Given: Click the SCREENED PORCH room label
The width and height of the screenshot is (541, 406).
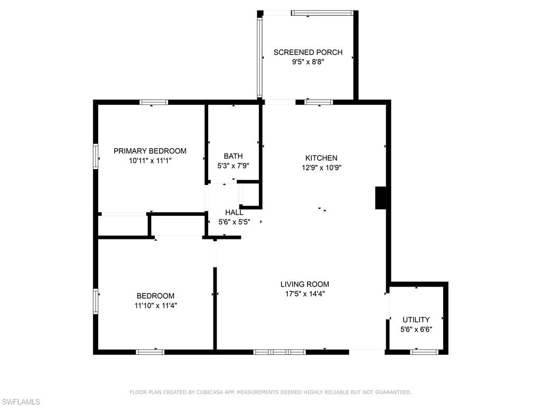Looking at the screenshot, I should (x=307, y=52).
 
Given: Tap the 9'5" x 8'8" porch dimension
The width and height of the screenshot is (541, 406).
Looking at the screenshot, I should (x=307, y=62).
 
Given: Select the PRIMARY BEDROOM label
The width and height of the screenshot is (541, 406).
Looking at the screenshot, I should (x=150, y=151).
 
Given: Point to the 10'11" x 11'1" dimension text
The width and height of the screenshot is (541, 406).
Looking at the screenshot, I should (x=150, y=160).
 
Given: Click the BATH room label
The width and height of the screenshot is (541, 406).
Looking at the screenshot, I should (x=233, y=156).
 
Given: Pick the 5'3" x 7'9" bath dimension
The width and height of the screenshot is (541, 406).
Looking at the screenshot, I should (x=233, y=165).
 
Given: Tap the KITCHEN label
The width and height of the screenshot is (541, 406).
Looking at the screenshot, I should (x=321, y=158).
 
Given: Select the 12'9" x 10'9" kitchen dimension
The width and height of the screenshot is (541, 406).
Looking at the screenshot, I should (x=321, y=168).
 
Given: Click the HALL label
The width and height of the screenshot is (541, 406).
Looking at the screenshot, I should (x=234, y=213).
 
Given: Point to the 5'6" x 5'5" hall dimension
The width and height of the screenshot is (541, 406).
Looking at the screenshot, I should (x=234, y=223).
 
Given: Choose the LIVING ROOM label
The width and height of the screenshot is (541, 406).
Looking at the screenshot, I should (x=304, y=284).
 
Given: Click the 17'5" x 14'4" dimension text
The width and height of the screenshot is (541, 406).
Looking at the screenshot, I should (x=304, y=294).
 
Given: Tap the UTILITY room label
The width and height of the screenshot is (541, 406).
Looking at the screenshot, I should (x=416, y=320).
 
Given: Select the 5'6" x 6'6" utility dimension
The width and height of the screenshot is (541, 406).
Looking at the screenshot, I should (x=416, y=329).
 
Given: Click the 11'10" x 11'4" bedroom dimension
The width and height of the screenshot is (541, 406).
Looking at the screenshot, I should (x=155, y=306).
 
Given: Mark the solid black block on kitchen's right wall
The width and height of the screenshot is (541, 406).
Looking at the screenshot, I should (x=381, y=197).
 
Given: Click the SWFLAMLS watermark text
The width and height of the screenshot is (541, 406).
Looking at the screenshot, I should (x=20, y=402).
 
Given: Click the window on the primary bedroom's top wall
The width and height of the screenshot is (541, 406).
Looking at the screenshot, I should (x=154, y=102).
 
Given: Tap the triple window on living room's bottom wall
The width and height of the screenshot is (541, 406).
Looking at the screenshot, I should (x=279, y=352).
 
